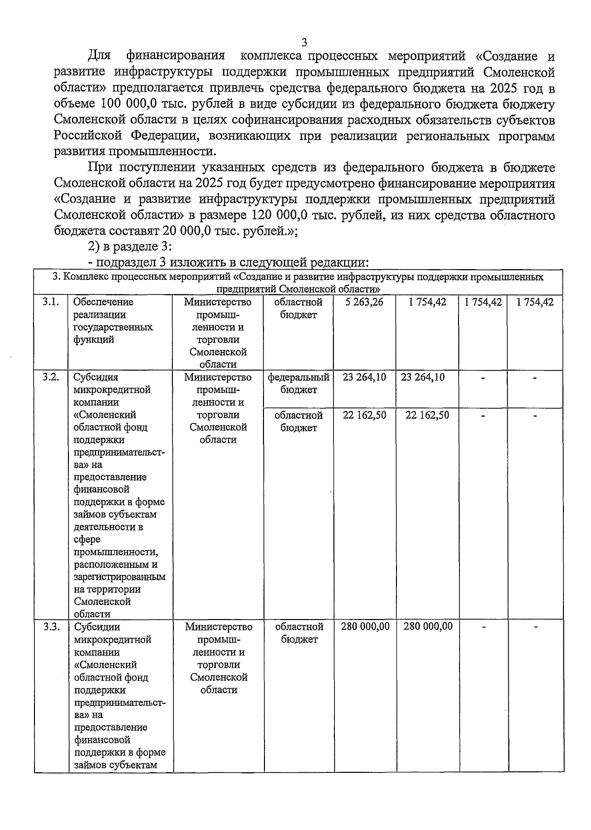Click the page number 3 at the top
click(x=304, y=42)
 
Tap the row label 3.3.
click(x=51, y=627)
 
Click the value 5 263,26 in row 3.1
click(x=364, y=302)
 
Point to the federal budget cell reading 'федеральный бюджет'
click(x=298, y=383)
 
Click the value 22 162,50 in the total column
click(x=364, y=415)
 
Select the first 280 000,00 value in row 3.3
click(x=365, y=626)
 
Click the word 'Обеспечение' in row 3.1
click(x=103, y=302)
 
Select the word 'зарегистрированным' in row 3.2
click(x=120, y=577)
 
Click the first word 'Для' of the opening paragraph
click(x=100, y=56)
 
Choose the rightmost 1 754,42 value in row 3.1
click(x=535, y=302)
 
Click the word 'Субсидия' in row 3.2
click(x=96, y=377)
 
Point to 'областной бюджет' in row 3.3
click(x=299, y=633)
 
